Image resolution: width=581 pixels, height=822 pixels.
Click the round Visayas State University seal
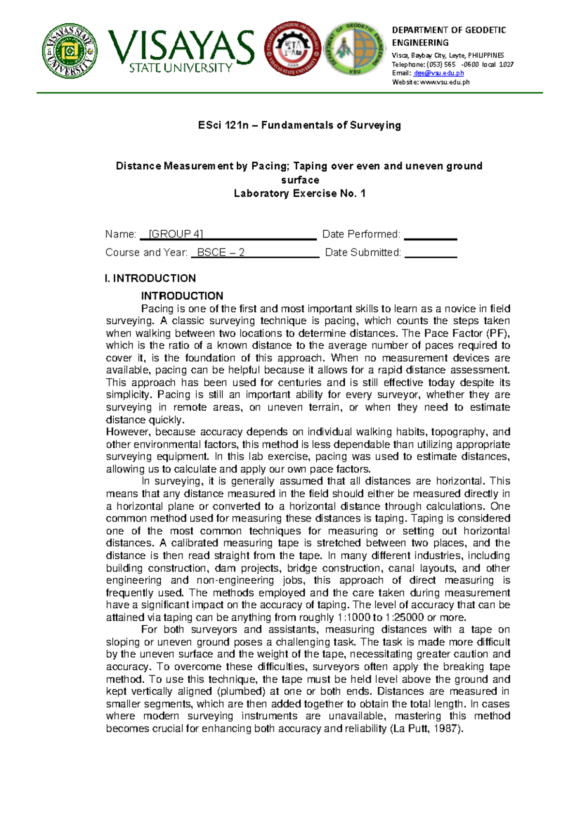pyautogui.click(x=70, y=51)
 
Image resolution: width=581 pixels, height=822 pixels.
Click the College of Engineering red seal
pyautogui.click(x=292, y=48)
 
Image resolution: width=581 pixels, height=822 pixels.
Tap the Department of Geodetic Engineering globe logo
pyautogui.click(x=355, y=48)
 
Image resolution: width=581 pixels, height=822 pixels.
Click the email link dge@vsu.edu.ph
pyautogui.click(x=439, y=73)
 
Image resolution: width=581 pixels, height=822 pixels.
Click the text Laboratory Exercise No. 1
pyautogui.click(x=300, y=193)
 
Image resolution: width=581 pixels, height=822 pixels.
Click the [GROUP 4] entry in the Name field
pyautogui.click(x=176, y=235)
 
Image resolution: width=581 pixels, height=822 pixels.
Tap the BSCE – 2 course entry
pyautogui.click(x=221, y=253)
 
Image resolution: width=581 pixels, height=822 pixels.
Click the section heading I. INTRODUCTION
pyautogui.click(x=151, y=278)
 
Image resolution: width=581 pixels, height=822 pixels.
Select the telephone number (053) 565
pyautogui.click(x=441, y=64)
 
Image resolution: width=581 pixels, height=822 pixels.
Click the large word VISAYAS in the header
pyautogui.click(x=181, y=47)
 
